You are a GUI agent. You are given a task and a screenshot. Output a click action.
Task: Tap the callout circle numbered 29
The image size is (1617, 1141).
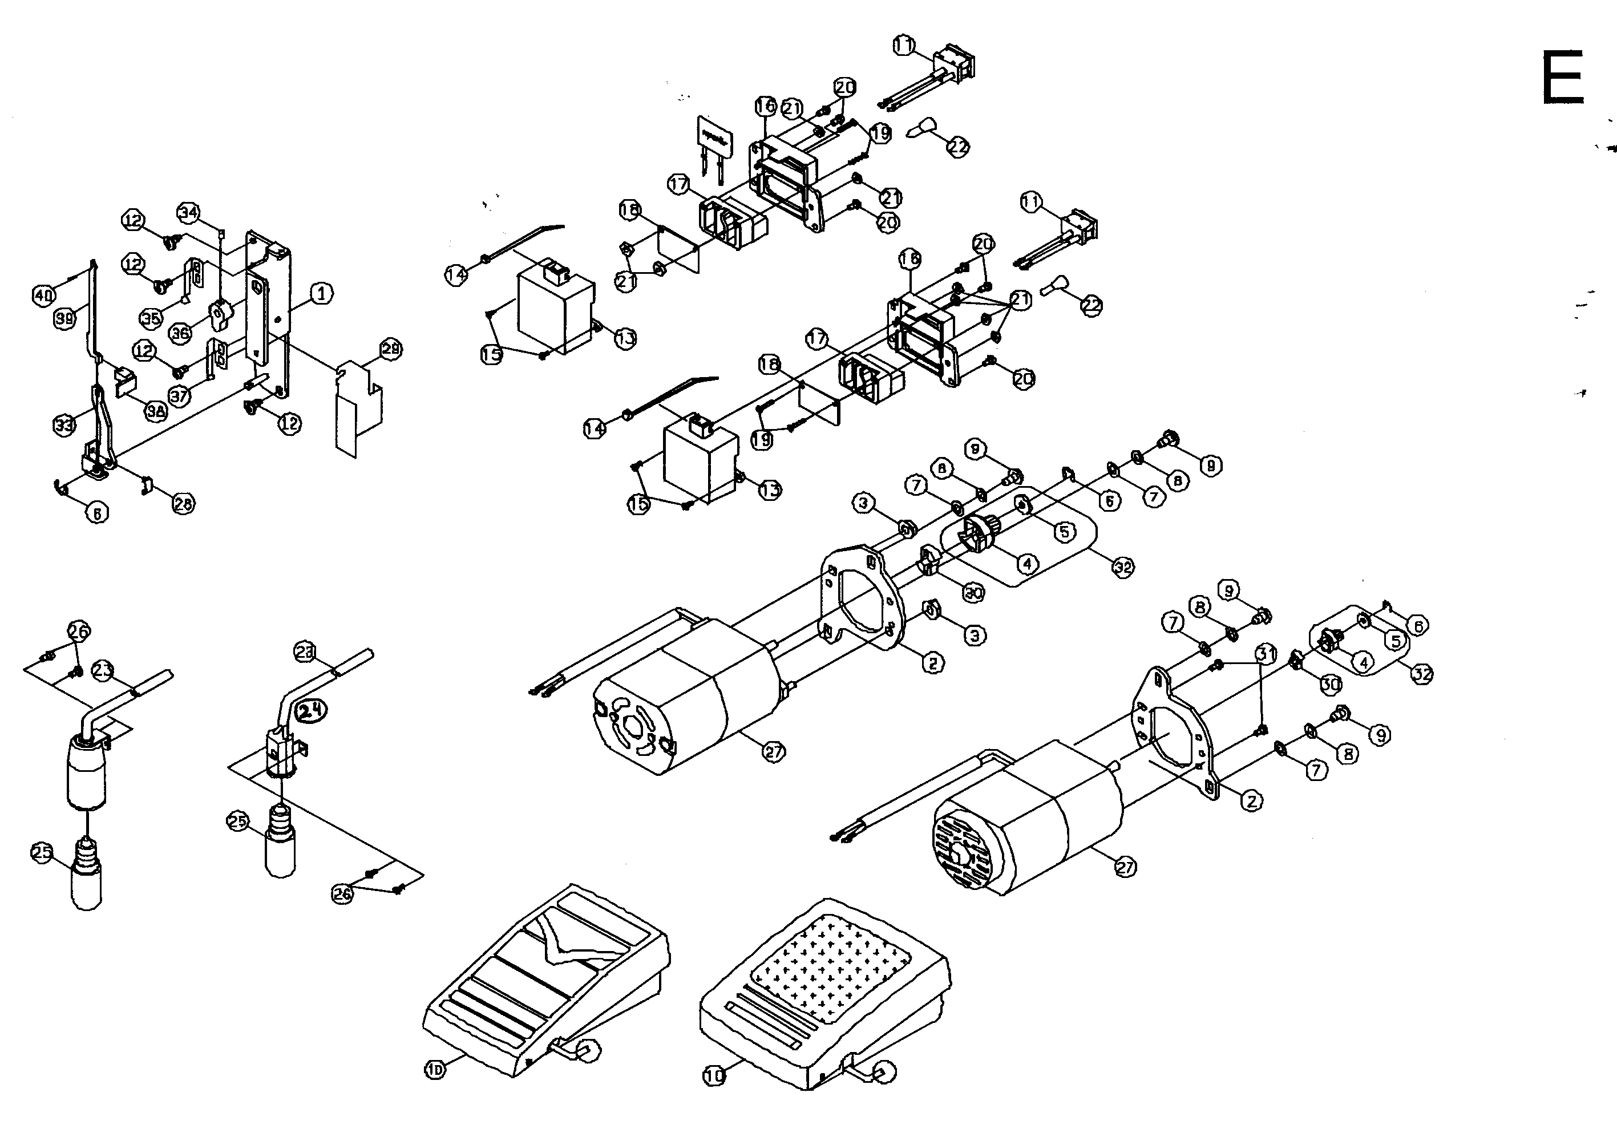coord(390,349)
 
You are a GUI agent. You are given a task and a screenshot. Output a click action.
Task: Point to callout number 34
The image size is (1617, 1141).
coord(188,213)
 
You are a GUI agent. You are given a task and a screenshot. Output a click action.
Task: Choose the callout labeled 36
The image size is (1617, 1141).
coord(180,333)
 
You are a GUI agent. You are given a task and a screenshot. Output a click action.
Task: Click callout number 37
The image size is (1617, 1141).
coord(180,395)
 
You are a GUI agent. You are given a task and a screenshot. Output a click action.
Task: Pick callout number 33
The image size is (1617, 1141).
coord(64,424)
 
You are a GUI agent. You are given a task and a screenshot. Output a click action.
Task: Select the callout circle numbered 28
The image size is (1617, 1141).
coord(184,504)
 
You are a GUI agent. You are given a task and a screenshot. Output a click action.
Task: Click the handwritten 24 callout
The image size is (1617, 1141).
coord(312,711)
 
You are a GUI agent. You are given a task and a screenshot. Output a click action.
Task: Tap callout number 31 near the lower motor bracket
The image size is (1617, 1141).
coord(1266,654)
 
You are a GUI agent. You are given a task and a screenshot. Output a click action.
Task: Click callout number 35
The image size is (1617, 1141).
coord(151,318)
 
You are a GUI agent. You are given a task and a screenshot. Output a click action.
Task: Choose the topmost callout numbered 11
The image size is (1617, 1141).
coord(904,46)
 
